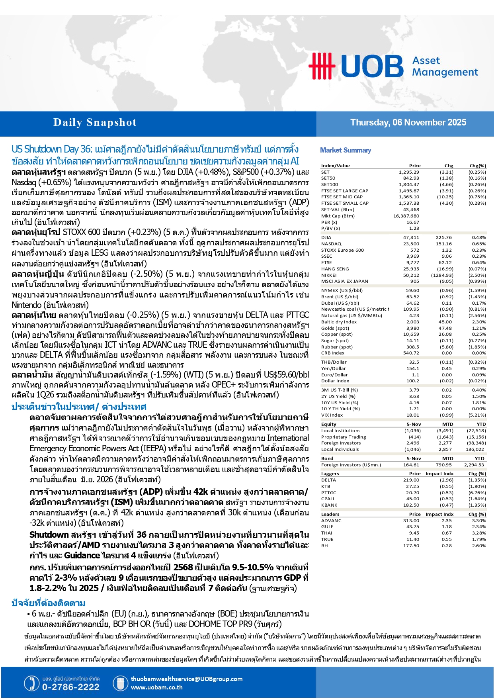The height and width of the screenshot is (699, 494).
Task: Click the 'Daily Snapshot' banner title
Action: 95,123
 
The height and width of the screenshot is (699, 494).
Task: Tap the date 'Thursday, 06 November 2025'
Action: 408,123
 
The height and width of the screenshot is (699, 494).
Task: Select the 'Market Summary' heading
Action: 346,150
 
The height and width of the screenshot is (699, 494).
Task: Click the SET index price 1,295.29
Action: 409,172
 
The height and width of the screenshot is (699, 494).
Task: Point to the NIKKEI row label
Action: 329,275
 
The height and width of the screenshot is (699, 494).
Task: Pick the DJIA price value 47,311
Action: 411,237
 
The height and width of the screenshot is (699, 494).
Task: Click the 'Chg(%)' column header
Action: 477,166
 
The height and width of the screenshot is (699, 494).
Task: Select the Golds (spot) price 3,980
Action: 412,328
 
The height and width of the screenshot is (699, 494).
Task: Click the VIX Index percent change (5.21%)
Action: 477,415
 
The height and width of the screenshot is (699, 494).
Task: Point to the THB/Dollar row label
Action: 334,362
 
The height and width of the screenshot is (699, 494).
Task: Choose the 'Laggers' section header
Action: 330,474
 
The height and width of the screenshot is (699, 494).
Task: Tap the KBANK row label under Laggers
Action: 329,505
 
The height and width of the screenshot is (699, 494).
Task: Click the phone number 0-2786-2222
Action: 70,687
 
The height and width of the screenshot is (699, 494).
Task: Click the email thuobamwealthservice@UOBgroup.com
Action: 186,679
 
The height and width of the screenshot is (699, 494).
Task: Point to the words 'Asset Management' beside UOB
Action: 445,67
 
